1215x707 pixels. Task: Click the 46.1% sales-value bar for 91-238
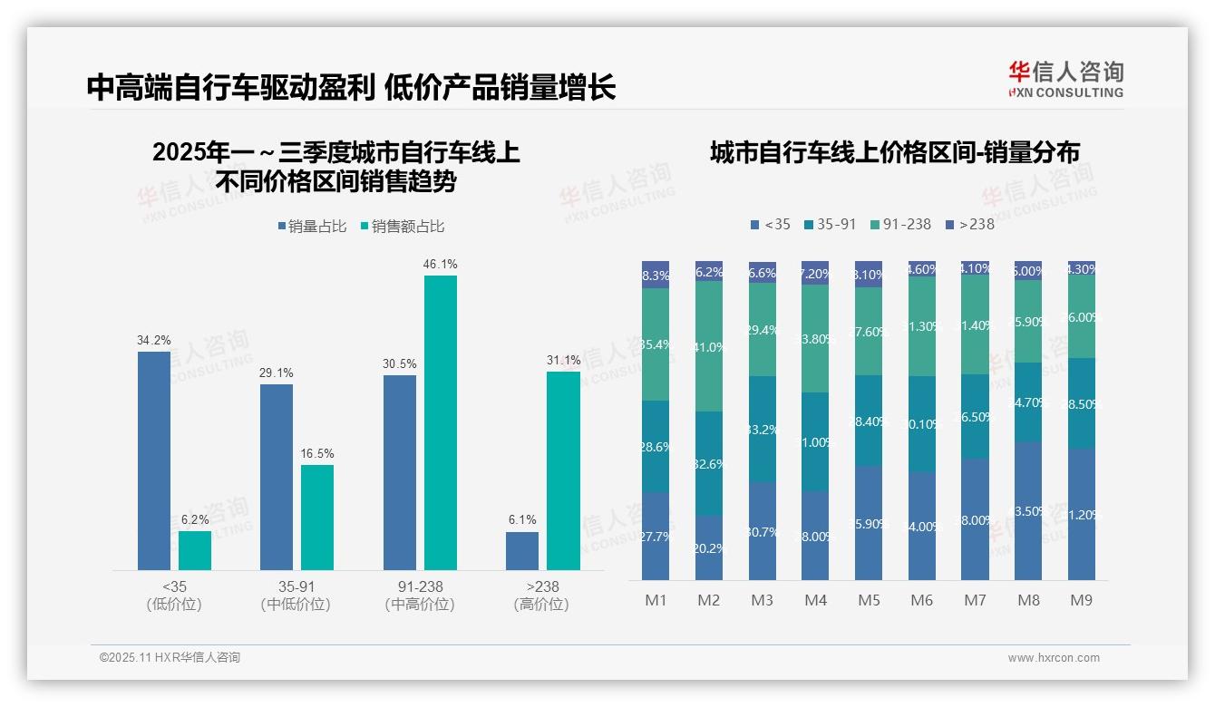pyautogui.click(x=441, y=422)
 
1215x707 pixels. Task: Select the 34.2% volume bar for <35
pyautogui.click(x=154, y=460)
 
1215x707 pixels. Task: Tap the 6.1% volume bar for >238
pyautogui.click(x=522, y=551)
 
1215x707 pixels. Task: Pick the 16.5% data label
pyautogui.click(x=316, y=453)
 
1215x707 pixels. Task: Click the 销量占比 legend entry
pyautogui.click(x=312, y=227)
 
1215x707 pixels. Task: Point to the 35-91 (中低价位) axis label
pyautogui.click(x=296, y=596)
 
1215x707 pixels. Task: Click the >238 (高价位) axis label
pyautogui.click(x=541, y=596)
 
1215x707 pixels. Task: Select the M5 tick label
pyautogui.click(x=869, y=600)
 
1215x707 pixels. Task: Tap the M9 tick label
pyautogui.click(x=1081, y=600)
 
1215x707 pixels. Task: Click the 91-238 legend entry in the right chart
pyautogui.click(x=899, y=224)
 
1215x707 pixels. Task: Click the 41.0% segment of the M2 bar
pyautogui.click(x=709, y=346)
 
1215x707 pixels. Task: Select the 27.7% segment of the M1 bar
pyautogui.click(x=656, y=536)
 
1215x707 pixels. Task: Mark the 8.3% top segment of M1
pyautogui.click(x=656, y=275)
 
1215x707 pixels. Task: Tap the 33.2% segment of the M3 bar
pyautogui.click(x=763, y=429)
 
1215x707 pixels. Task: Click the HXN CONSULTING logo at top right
pyautogui.click(x=1065, y=79)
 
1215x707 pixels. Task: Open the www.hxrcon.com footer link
pyautogui.click(x=1054, y=658)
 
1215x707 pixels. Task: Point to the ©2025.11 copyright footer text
pyautogui.click(x=170, y=657)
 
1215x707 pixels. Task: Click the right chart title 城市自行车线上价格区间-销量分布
pyautogui.click(x=894, y=153)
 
